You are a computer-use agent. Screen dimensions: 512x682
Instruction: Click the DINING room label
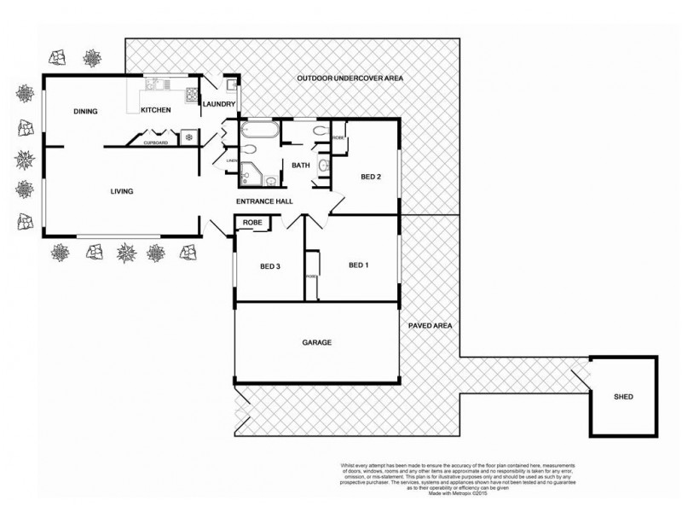[x=85, y=111]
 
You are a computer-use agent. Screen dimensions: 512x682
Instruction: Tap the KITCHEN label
[x=156, y=111]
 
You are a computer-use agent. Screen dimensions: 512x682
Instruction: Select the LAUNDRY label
[x=219, y=104]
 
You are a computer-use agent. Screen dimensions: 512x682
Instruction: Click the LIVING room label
[x=122, y=191]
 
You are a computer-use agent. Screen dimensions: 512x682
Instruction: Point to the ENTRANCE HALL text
[x=264, y=201]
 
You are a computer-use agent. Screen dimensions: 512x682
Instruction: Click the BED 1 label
[x=359, y=265]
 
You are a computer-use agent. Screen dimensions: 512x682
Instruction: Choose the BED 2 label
[x=370, y=177]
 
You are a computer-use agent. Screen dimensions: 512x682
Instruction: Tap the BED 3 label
[x=270, y=266]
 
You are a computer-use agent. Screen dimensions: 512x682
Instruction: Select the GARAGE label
[x=316, y=342]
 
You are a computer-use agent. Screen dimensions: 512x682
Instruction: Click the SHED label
[x=624, y=398]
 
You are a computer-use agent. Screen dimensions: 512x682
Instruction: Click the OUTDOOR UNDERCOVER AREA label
[x=350, y=79]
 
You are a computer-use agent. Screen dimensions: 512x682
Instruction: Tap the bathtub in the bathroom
[x=256, y=131]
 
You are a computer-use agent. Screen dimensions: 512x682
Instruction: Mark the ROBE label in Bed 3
[x=252, y=223]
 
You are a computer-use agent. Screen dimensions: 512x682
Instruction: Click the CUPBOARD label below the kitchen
[x=155, y=143]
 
